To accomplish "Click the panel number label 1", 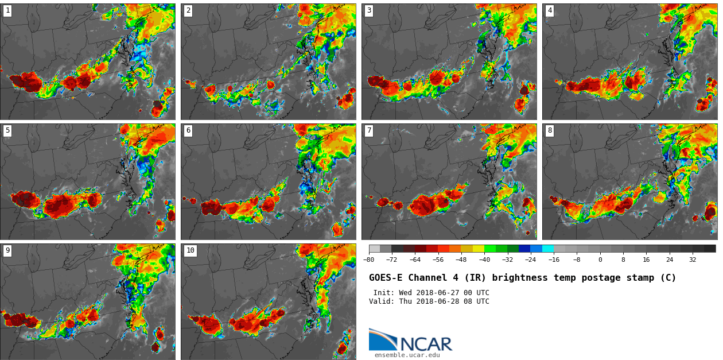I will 7,10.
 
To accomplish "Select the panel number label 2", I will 188,10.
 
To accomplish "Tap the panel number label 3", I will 369,10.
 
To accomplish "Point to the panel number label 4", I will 550,10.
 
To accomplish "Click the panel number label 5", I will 7,130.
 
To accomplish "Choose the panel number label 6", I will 188,130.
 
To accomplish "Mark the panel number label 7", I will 369,130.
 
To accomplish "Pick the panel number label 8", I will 550,130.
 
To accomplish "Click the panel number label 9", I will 7,250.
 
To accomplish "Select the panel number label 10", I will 190,250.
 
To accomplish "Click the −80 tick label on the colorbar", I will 369,260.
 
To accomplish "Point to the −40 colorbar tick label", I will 484,260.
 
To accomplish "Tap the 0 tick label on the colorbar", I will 600,260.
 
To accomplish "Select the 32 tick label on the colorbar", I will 693,260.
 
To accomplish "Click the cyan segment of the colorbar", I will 548,249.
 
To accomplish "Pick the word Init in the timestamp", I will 383,293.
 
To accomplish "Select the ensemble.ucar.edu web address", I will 407,355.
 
